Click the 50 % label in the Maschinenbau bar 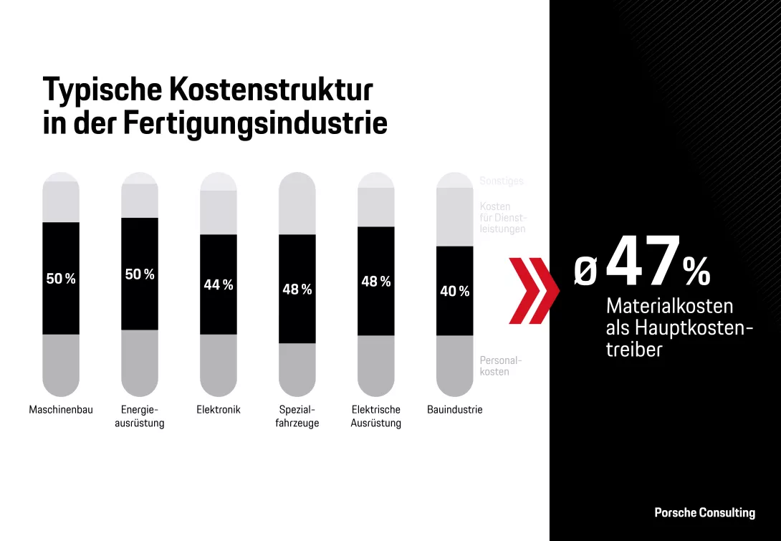61,279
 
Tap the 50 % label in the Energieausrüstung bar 140,274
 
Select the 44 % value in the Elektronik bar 219,285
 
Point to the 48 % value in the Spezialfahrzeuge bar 297,289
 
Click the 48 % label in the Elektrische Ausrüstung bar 376,282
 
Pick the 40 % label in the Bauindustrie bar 455,292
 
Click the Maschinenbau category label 61,410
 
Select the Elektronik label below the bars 219,410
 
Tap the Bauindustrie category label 455,410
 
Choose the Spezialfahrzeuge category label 297,416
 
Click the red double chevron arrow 534,290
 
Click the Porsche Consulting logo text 704,512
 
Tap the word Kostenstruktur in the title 271,90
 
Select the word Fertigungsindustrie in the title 255,123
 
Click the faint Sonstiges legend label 502,181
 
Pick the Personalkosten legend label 500,366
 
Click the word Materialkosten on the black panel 669,306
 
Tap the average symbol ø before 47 585,273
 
